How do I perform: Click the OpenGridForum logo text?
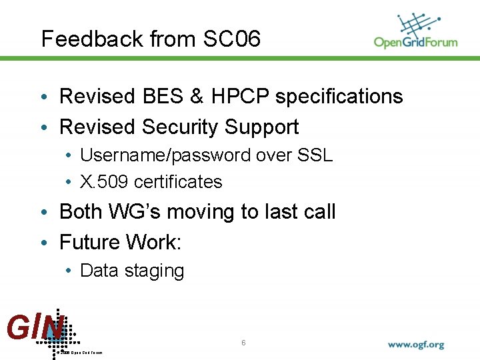(415, 42)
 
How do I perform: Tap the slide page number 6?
(244, 342)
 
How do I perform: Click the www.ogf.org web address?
(415, 345)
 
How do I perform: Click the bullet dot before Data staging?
(69, 271)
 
